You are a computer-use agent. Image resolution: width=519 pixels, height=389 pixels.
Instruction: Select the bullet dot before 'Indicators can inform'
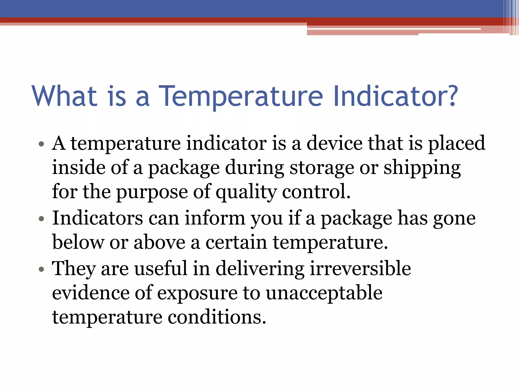42,219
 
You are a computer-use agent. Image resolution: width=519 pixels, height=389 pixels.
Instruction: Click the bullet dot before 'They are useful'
42,269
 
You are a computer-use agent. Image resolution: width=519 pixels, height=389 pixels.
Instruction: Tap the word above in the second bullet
160,242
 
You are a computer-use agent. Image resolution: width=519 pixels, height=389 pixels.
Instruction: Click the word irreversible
360,268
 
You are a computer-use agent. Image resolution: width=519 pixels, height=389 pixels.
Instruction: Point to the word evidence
90,293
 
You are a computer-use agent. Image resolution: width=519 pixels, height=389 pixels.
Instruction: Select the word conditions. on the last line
217,317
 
